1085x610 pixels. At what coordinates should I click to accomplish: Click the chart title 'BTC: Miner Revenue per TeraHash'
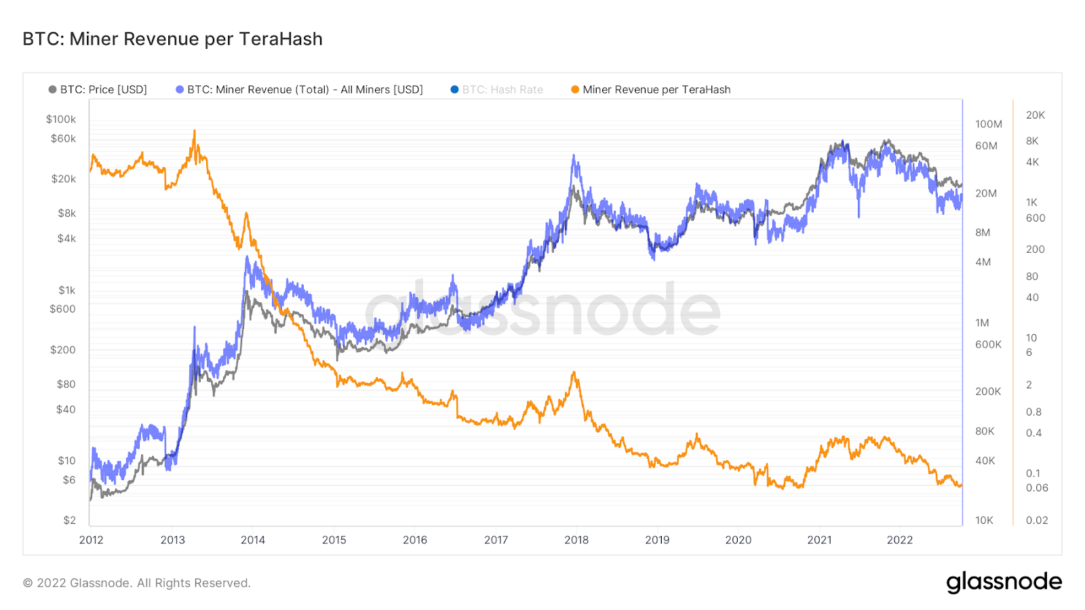click(172, 39)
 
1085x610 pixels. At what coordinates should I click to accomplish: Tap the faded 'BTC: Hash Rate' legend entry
click(502, 89)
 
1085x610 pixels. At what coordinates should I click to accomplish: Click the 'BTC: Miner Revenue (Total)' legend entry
click(304, 89)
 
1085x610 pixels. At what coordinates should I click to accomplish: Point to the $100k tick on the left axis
click(61, 119)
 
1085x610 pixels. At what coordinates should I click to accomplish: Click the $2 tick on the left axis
click(69, 521)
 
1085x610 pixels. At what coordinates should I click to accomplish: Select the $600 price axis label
click(62, 309)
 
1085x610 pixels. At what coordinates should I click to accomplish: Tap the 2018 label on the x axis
click(576, 540)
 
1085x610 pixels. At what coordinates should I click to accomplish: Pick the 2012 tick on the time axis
click(92, 540)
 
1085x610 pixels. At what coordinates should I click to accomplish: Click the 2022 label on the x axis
click(900, 540)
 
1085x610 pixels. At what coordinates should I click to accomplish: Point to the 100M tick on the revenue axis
click(988, 124)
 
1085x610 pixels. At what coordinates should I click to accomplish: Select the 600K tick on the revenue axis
click(988, 344)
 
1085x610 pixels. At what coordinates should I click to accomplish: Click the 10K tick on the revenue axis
click(984, 521)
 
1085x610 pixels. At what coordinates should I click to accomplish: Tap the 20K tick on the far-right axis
click(1035, 115)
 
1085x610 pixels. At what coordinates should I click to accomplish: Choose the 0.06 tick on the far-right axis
click(1037, 488)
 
